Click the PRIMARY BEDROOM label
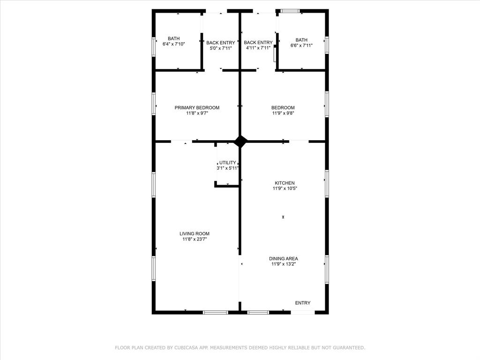coord(197,107)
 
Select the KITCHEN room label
coord(285,183)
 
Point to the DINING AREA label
coord(284,258)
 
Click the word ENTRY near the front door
coord(302,303)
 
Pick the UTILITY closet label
coord(228,163)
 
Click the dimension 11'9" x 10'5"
coord(285,188)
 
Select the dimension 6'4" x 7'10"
coord(174,44)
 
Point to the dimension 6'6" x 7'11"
coord(301,45)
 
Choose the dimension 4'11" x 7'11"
coord(258,48)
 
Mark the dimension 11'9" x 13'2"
coord(284,264)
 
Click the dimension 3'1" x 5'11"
coord(228,168)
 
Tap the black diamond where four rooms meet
coord(240,141)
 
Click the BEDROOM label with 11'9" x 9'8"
coord(283,107)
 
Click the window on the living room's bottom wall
coord(216,312)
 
